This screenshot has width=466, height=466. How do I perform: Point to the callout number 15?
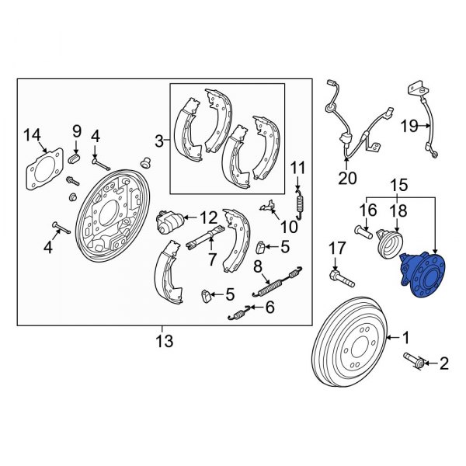tap(398, 186)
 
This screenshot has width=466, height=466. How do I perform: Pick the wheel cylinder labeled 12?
tap(169, 224)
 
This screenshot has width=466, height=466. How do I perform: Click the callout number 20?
tap(347, 179)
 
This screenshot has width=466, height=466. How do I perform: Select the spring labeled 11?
tap(301, 204)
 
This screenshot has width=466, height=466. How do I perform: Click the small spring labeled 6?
tap(240, 313)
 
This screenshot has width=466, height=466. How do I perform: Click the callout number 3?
tap(158, 141)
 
